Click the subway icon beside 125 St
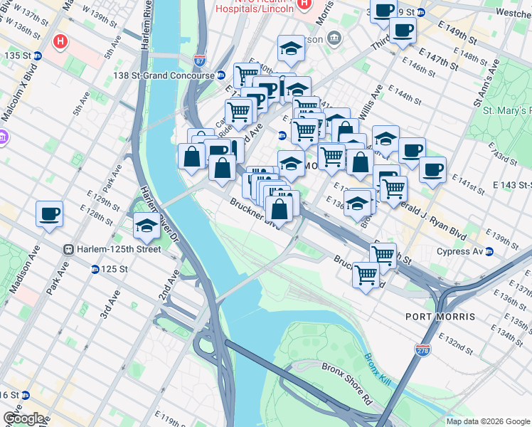(95, 269)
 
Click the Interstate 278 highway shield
(422, 349)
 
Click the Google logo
(23, 418)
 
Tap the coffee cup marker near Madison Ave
(50, 213)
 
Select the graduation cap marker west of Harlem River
(146, 226)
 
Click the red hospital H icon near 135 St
(60, 42)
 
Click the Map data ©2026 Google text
(488, 421)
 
